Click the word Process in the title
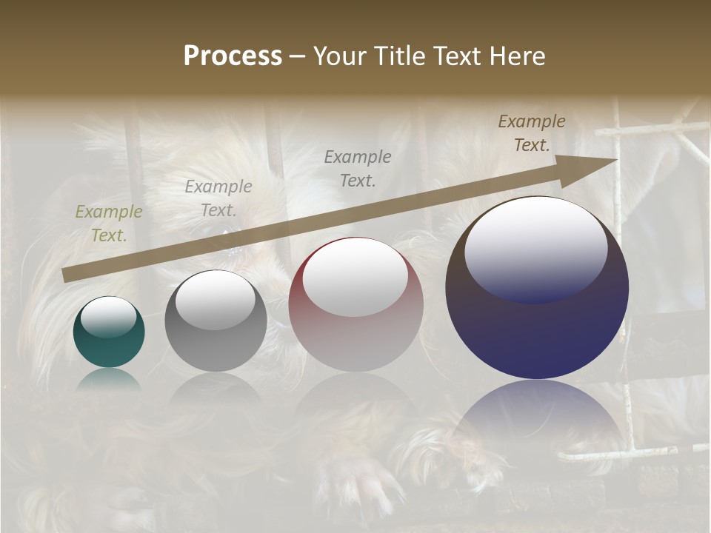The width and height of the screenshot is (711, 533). point(233,56)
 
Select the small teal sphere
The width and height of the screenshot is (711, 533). point(109,332)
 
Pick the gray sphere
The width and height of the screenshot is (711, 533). point(216,321)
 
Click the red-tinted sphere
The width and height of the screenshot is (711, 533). point(355,305)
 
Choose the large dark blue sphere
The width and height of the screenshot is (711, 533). point(537,289)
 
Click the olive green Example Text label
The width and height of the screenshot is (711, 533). point(109,224)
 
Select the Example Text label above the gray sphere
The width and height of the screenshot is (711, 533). point(218,198)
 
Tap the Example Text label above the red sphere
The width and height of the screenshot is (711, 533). point(358,168)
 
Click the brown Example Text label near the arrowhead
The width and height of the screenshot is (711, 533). point(532,133)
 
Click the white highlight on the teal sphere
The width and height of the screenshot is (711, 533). point(108,318)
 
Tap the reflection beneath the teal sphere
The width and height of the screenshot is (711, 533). point(109,379)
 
